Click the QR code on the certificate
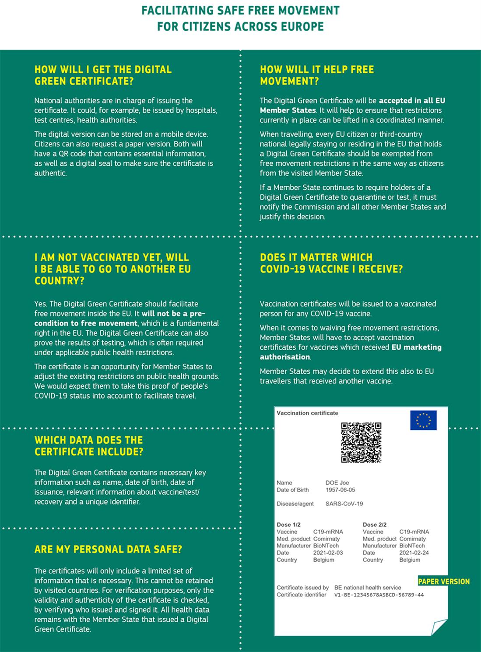pyautogui.click(x=361, y=442)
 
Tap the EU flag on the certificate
pyautogui.click(x=423, y=420)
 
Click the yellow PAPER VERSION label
pyautogui.click(x=443, y=581)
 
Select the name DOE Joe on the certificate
pyautogui.click(x=337, y=483)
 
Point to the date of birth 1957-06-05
pyautogui.click(x=340, y=490)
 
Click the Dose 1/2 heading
pyautogui.click(x=288, y=524)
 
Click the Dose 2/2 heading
pyautogui.click(x=375, y=524)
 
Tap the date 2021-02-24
pyautogui.click(x=414, y=553)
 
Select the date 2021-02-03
pyautogui.click(x=328, y=553)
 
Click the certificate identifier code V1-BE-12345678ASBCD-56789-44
pyautogui.click(x=379, y=595)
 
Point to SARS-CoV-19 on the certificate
pyautogui.click(x=344, y=503)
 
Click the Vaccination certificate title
pyautogui.click(x=307, y=413)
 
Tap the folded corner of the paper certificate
pyautogui.click(x=439, y=627)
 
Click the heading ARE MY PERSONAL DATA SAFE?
pyautogui.click(x=108, y=549)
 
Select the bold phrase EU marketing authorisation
pyautogui.click(x=350, y=352)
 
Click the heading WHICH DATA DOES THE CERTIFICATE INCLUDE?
pyautogui.click(x=89, y=446)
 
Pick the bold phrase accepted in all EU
pyautogui.click(x=412, y=100)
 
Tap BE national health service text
pyautogui.click(x=368, y=588)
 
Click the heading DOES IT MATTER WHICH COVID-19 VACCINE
pyautogui.click(x=331, y=263)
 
